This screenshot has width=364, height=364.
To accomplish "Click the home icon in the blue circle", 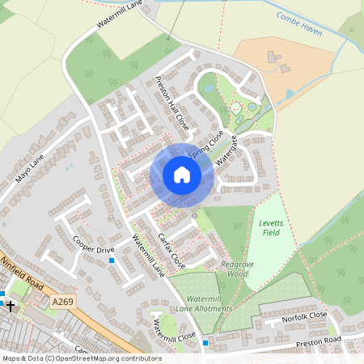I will click(181, 175).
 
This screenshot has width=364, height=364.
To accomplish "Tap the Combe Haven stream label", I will click(298, 25).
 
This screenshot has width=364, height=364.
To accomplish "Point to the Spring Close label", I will click(205, 145).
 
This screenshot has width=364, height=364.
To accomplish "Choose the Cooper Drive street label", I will click(93, 245).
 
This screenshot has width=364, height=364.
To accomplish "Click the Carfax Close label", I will click(171, 251).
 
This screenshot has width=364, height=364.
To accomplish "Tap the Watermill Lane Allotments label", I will click(203, 303).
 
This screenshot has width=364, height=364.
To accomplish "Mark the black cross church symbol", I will click(10, 305).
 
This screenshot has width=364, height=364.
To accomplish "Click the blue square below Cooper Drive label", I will click(112, 260).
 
